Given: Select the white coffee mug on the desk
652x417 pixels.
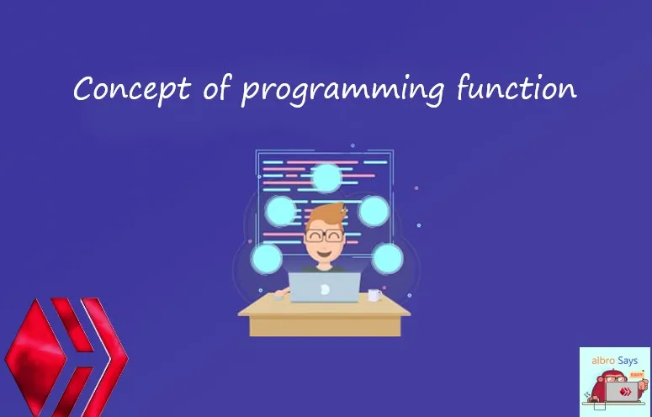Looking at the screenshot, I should [374, 296].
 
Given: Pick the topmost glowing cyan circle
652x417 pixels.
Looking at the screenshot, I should [326, 178].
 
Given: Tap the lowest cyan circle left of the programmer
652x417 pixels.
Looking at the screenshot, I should [267, 258].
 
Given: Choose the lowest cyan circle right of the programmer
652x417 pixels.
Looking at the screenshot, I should [387, 258].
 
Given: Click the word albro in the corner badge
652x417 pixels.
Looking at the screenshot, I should [599, 361].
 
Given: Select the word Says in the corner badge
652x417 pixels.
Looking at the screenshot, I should [627, 361].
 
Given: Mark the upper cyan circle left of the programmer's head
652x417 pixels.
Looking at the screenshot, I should [281, 210].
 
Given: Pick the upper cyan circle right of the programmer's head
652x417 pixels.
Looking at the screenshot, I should [374, 210].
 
